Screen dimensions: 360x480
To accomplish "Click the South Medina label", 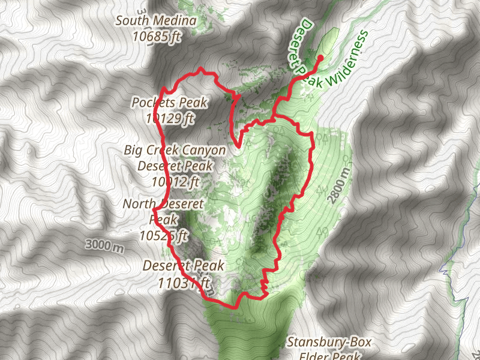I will point(156,22).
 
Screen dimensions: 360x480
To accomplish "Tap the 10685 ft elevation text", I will point(156,36).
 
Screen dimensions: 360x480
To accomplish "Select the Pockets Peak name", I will point(170,103).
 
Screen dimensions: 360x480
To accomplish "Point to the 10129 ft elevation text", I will point(170,118).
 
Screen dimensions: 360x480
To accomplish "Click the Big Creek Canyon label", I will point(175,150).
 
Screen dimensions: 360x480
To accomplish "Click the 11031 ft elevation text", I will point(184,281).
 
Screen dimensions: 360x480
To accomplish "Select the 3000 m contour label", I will point(104,245).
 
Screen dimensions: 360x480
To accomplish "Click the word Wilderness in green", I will point(346,62).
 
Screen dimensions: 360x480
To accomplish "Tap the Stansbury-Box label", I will point(329,343).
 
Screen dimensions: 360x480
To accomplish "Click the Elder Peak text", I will point(329,355).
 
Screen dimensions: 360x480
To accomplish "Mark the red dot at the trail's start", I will point(319,58).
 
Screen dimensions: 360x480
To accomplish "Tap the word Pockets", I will point(152,103).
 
